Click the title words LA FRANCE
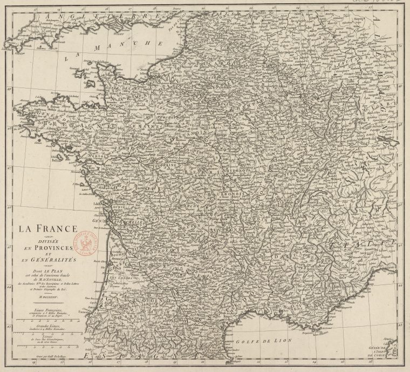coord(49,229)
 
